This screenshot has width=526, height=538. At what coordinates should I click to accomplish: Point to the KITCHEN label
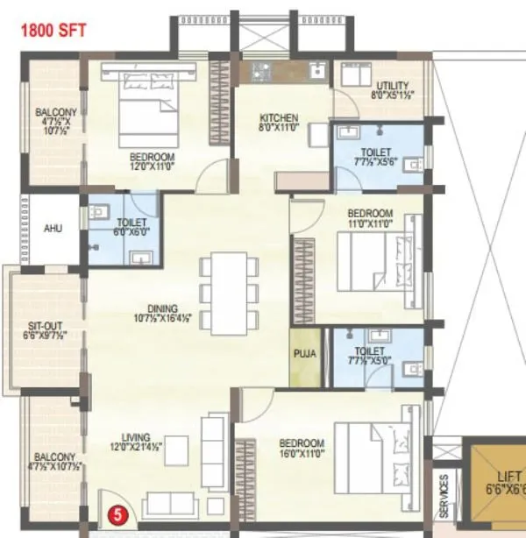[x=279, y=118]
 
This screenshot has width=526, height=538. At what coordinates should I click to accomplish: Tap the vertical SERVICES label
[x=444, y=496]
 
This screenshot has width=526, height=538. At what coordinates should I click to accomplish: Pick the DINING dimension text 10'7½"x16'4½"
[x=162, y=319]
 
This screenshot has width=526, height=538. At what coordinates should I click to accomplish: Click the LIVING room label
[x=136, y=437]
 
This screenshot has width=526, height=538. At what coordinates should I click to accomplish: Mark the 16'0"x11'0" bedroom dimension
[x=302, y=454]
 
